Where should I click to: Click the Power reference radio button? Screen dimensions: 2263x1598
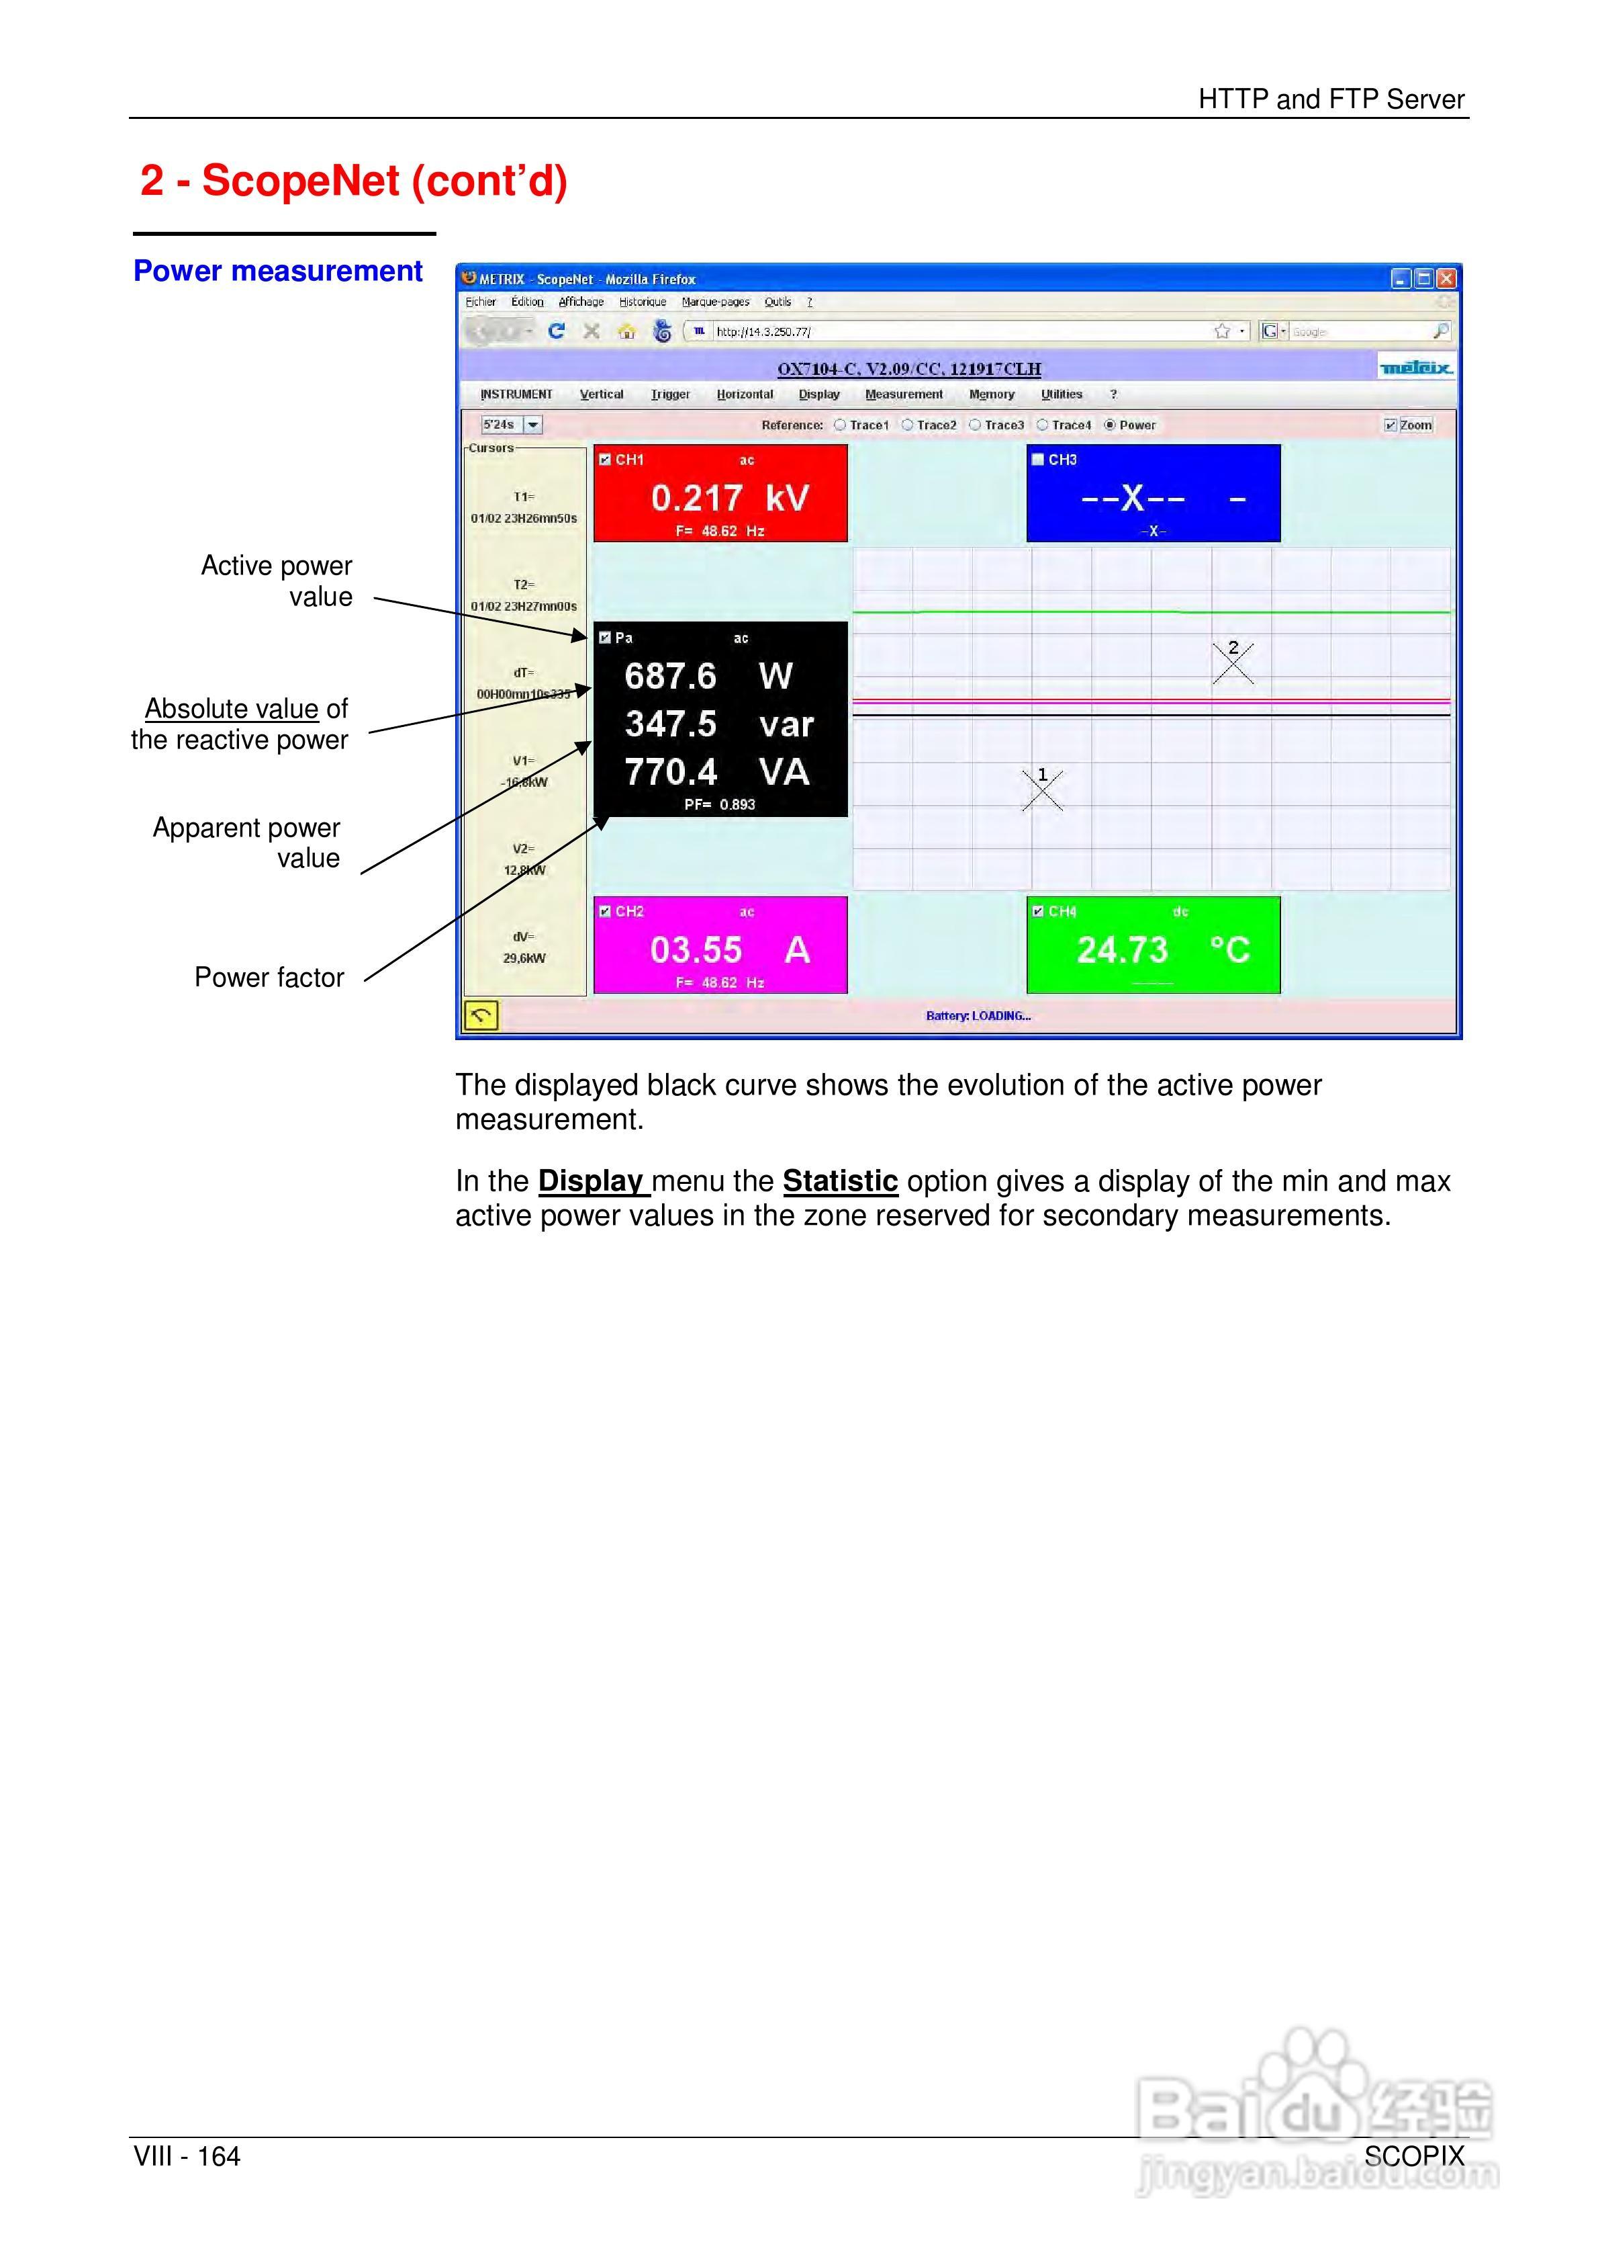pos(1109,425)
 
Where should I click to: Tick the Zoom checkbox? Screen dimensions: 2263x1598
pos(1390,425)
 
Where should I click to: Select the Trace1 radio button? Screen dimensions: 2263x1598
pos(839,425)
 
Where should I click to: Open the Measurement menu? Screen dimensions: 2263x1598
pos(904,394)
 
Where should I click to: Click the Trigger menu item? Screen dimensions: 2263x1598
pos(670,394)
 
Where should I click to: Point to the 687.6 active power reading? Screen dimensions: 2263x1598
pos(670,676)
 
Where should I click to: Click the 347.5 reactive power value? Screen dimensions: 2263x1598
pos(670,724)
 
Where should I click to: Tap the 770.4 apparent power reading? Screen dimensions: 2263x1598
pos(670,772)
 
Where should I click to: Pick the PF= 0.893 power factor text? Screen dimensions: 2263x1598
pos(719,804)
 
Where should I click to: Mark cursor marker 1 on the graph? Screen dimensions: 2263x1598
pos(1042,789)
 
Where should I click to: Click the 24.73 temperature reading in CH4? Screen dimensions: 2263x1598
pos(1121,949)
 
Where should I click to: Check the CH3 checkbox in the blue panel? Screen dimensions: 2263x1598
pos(1037,460)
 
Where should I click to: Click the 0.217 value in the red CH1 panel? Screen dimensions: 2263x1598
pos(696,498)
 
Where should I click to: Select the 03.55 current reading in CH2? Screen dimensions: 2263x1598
pos(696,949)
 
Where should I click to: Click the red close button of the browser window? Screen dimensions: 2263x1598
pos(1446,279)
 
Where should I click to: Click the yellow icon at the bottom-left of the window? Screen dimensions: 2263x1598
pos(481,1014)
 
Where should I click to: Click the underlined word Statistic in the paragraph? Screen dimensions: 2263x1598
pos(839,1181)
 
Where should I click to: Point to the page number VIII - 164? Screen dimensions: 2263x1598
pos(187,2157)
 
